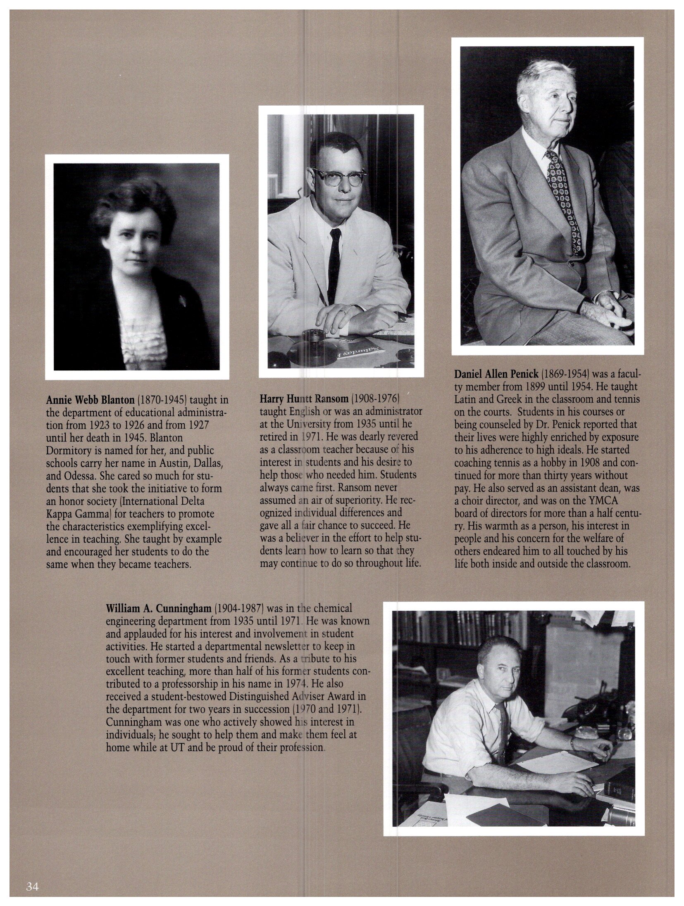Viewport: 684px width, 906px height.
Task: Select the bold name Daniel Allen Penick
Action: tap(496, 374)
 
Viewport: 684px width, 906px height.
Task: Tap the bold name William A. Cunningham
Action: tap(159, 608)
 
